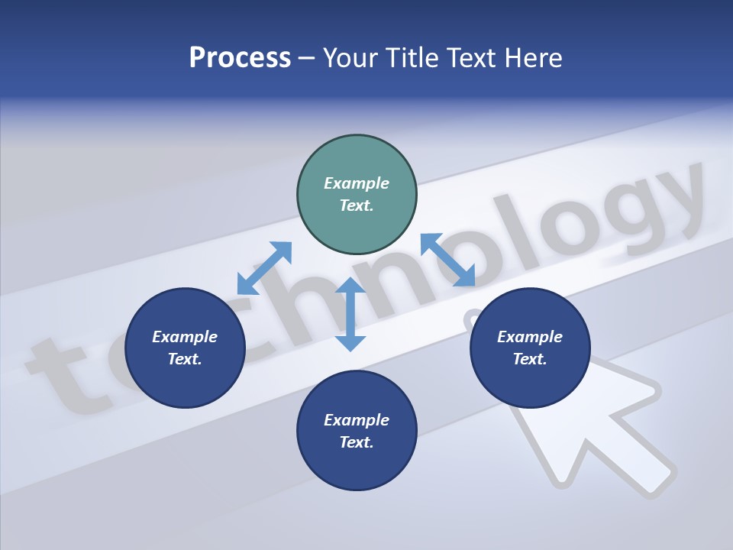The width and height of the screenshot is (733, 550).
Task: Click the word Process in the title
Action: [240, 58]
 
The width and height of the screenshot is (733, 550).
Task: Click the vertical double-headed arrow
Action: [350, 314]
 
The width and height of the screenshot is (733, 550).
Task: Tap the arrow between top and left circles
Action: [264, 267]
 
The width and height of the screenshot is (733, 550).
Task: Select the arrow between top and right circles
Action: [447, 260]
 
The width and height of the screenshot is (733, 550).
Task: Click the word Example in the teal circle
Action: [357, 183]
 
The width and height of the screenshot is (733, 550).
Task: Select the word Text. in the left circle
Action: [185, 359]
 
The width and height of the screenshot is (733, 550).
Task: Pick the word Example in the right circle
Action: [530, 337]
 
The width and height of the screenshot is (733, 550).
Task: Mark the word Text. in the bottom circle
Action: [357, 442]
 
